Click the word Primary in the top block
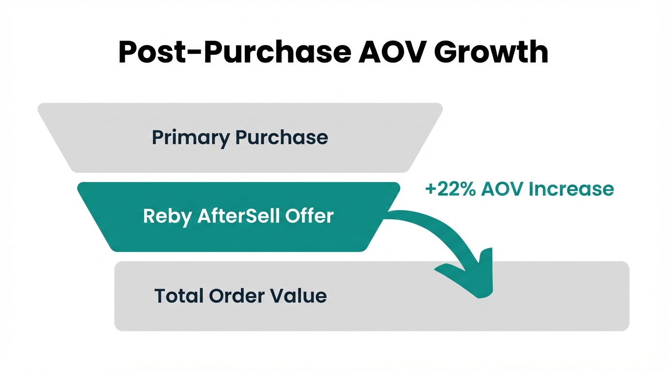[x=191, y=138]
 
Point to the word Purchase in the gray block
[x=282, y=138]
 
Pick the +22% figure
[x=450, y=189]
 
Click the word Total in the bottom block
[x=179, y=295]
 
